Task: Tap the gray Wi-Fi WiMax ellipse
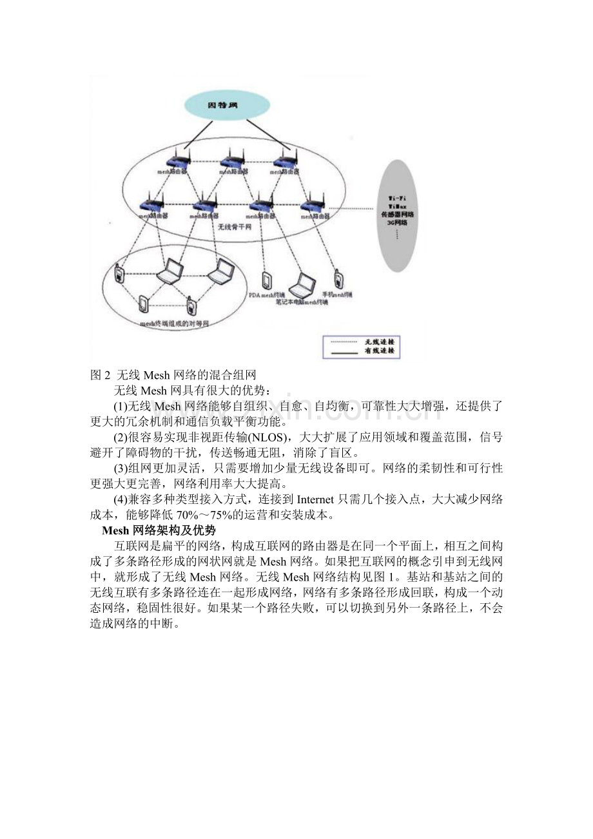(x=403, y=213)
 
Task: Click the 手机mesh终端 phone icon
(x=338, y=280)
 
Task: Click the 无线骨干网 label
(x=233, y=227)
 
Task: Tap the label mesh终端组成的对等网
(x=175, y=324)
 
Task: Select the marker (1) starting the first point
(x=121, y=407)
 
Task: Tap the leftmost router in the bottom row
(x=152, y=205)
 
